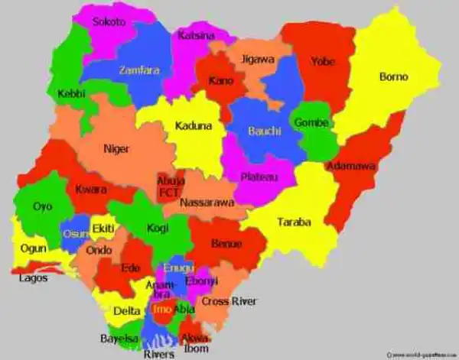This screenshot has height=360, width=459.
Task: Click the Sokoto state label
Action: click(x=109, y=22)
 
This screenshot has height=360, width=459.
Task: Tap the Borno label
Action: click(x=393, y=76)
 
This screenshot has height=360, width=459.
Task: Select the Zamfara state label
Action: click(x=139, y=70)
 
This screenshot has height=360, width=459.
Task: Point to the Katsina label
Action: click(x=197, y=36)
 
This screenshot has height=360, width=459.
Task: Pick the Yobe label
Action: click(x=323, y=62)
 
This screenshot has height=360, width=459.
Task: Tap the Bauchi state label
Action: click(x=265, y=131)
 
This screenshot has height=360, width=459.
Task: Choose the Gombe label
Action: click(x=311, y=123)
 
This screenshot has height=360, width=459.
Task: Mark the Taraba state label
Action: click(x=294, y=222)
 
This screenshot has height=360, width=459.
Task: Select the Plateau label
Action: click(x=259, y=177)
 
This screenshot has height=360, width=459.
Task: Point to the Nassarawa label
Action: click(x=207, y=203)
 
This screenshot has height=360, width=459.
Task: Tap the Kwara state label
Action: click(x=91, y=190)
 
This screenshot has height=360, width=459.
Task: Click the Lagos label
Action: click(x=33, y=278)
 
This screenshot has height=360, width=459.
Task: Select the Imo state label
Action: click(x=161, y=310)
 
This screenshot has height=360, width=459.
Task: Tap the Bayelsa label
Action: click(x=119, y=338)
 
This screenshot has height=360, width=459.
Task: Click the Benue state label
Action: click(x=226, y=244)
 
